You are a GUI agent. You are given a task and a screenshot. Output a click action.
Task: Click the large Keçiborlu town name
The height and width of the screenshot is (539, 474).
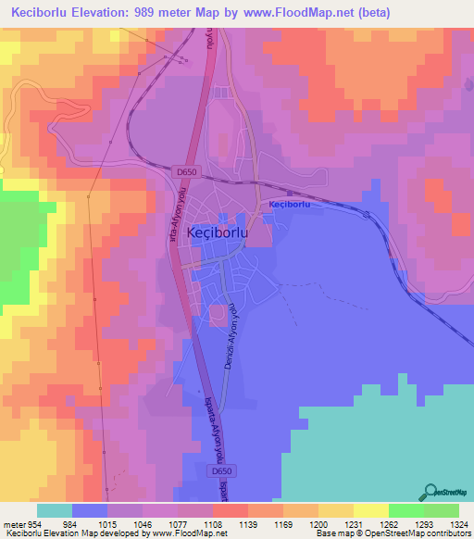tap(217, 234)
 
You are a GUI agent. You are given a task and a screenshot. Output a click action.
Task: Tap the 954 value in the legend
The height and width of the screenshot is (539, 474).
tap(35, 523)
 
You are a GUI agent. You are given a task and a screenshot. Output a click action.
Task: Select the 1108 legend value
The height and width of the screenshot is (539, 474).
tap(212, 523)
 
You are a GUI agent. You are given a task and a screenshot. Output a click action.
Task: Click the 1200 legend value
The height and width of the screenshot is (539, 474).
tap(318, 523)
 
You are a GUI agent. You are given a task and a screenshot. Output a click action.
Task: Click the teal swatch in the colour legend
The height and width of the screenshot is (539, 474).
tap(54, 510)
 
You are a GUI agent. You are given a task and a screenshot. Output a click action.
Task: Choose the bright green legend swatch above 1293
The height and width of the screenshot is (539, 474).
tap(405, 510)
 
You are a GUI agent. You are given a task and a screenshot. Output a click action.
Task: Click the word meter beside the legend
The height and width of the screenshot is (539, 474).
tap(13, 523)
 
